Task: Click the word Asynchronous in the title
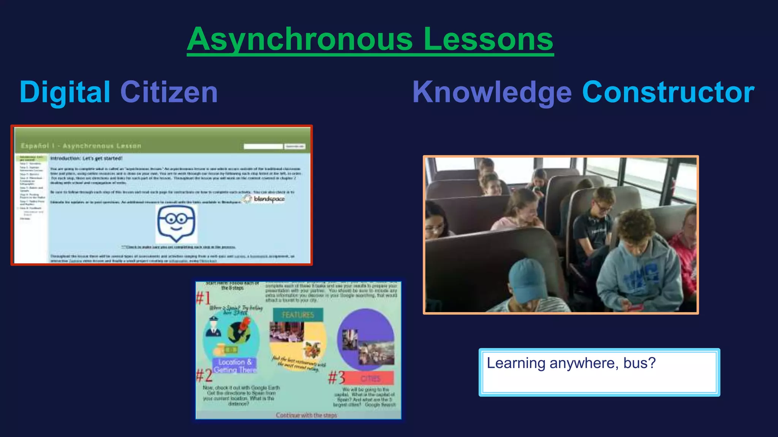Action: pos(300,39)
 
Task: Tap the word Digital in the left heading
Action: pos(65,92)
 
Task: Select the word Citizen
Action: pos(169,92)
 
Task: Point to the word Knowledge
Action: pos(492,93)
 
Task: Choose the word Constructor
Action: pos(668,92)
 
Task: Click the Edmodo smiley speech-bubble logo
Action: pos(176,224)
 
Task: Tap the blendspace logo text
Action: pos(269,199)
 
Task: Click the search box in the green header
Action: pos(263,146)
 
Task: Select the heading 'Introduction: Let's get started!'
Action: pos(86,158)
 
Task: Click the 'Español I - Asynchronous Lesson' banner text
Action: pos(81,146)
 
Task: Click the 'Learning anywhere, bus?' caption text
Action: pos(571,363)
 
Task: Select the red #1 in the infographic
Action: pos(203,298)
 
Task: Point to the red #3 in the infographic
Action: pos(337,377)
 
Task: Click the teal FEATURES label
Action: pos(298,314)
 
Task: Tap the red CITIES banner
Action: pos(370,378)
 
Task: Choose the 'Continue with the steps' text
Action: pos(306,415)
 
